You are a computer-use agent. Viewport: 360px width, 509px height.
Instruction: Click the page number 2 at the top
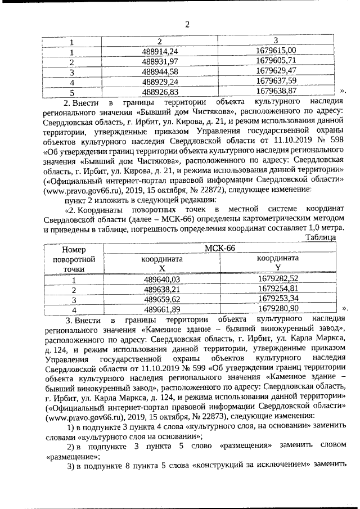coord(188,24)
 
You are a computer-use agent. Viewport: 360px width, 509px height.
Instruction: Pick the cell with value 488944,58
coord(160,71)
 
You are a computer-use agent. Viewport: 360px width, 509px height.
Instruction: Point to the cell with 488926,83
coord(160,91)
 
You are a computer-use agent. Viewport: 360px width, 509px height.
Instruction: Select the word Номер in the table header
coord(73,249)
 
